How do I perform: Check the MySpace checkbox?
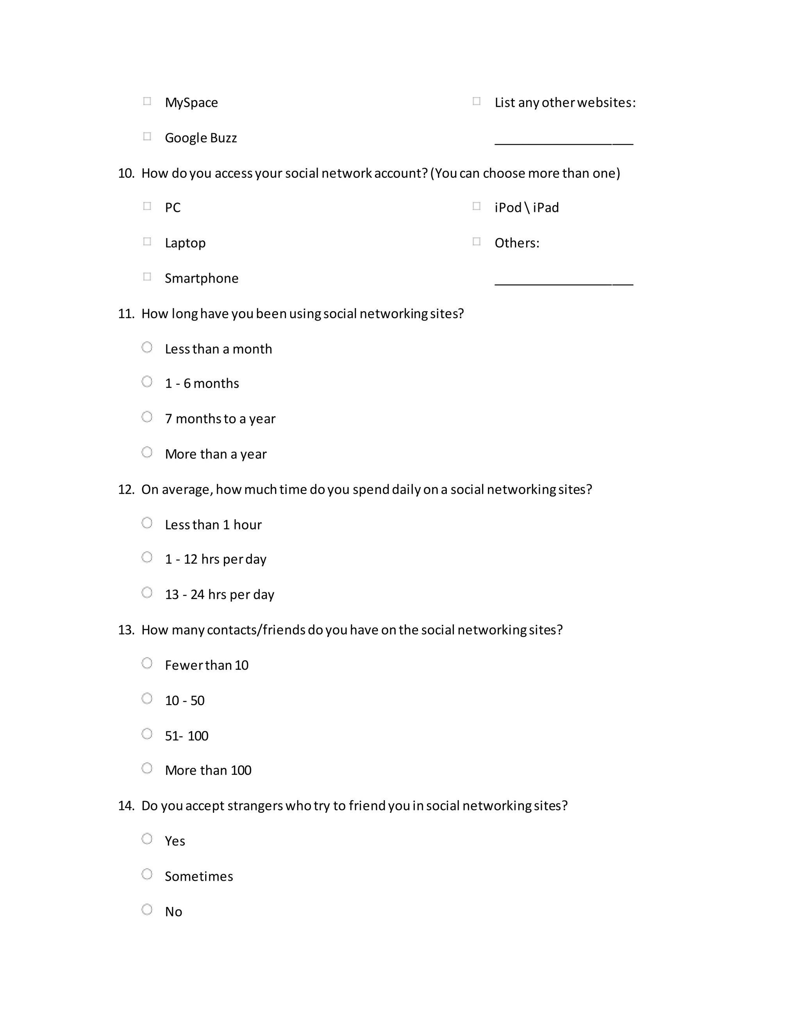click(x=147, y=101)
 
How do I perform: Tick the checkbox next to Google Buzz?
click(x=147, y=136)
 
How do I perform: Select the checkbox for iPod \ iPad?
click(x=476, y=206)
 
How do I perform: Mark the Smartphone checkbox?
click(x=147, y=276)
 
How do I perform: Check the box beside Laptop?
click(x=147, y=242)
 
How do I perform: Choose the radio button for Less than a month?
click(x=147, y=347)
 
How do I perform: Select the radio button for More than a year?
click(x=147, y=452)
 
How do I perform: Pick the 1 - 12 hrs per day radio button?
click(x=147, y=557)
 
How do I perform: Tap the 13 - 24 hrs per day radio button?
click(x=147, y=592)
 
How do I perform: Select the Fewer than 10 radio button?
click(x=147, y=663)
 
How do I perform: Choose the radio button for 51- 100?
click(x=147, y=734)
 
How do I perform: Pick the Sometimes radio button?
click(x=147, y=874)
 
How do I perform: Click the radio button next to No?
click(x=147, y=909)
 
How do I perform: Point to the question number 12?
click(x=126, y=489)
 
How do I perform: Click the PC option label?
click(x=173, y=208)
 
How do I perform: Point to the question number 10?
click(x=126, y=174)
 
